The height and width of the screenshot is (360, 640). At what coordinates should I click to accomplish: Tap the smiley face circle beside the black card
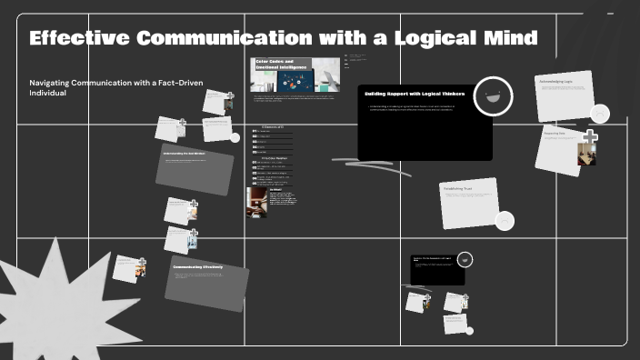click(x=493, y=95)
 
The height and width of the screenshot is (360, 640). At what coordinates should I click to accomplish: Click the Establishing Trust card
click(x=470, y=203)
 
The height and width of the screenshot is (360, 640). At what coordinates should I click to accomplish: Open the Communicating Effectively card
click(x=206, y=282)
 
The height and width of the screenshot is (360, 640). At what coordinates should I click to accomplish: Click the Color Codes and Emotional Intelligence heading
click(x=276, y=65)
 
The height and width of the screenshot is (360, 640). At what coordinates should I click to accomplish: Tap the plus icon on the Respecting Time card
click(x=590, y=137)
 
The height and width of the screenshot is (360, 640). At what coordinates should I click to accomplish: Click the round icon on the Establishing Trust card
click(x=505, y=220)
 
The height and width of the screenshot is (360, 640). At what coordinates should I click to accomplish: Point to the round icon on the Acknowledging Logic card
click(x=600, y=114)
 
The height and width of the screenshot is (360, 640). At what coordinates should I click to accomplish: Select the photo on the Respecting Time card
click(x=586, y=155)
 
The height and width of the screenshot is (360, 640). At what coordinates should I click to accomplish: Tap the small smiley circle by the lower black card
click(x=465, y=259)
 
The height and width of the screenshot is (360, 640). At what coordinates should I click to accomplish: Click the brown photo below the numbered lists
click(x=256, y=202)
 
